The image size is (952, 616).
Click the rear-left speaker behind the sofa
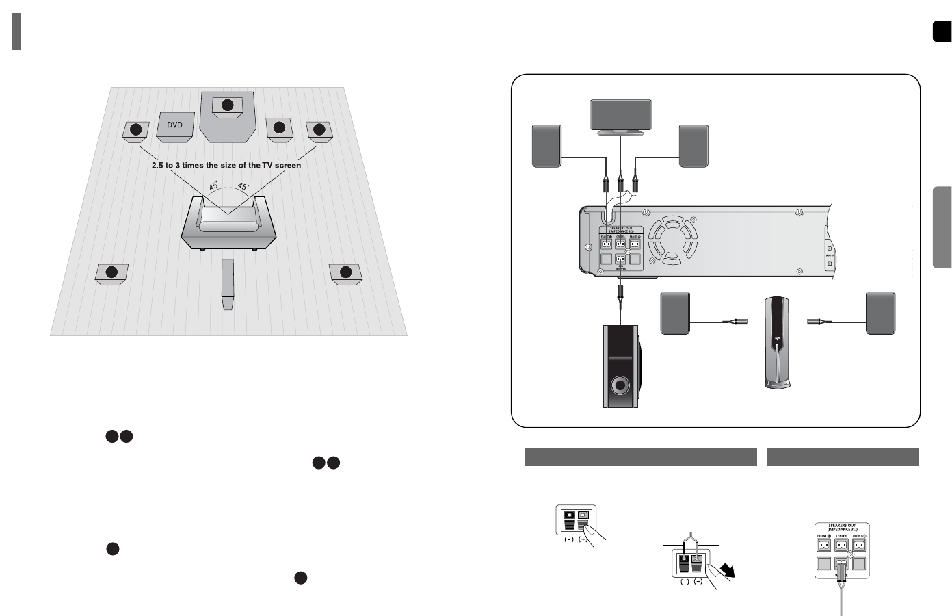click(x=111, y=273)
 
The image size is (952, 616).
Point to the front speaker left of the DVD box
click(x=136, y=130)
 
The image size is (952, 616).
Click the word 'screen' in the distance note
click(x=286, y=165)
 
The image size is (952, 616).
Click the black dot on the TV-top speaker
click(x=228, y=105)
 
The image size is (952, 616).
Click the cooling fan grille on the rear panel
click(x=673, y=240)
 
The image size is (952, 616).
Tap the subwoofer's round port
click(x=620, y=385)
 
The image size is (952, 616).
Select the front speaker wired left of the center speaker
click(x=546, y=146)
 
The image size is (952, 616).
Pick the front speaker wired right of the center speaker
click(x=693, y=146)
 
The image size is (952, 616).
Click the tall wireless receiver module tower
click(x=777, y=342)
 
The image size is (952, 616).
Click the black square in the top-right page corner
click(x=941, y=31)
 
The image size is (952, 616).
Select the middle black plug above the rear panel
click(x=620, y=183)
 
